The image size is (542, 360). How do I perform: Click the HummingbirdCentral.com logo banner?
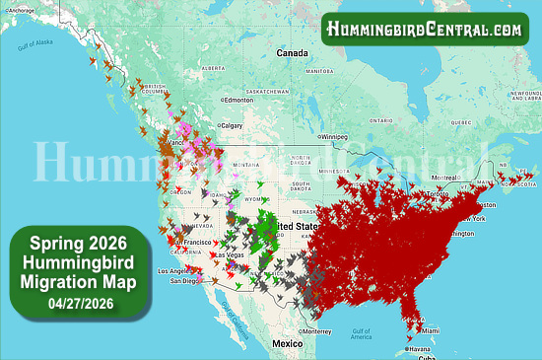(425, 30)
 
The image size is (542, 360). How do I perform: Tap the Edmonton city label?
(239, 100)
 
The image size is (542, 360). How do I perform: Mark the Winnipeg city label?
(336, 136)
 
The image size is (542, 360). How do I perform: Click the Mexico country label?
(287, 343)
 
